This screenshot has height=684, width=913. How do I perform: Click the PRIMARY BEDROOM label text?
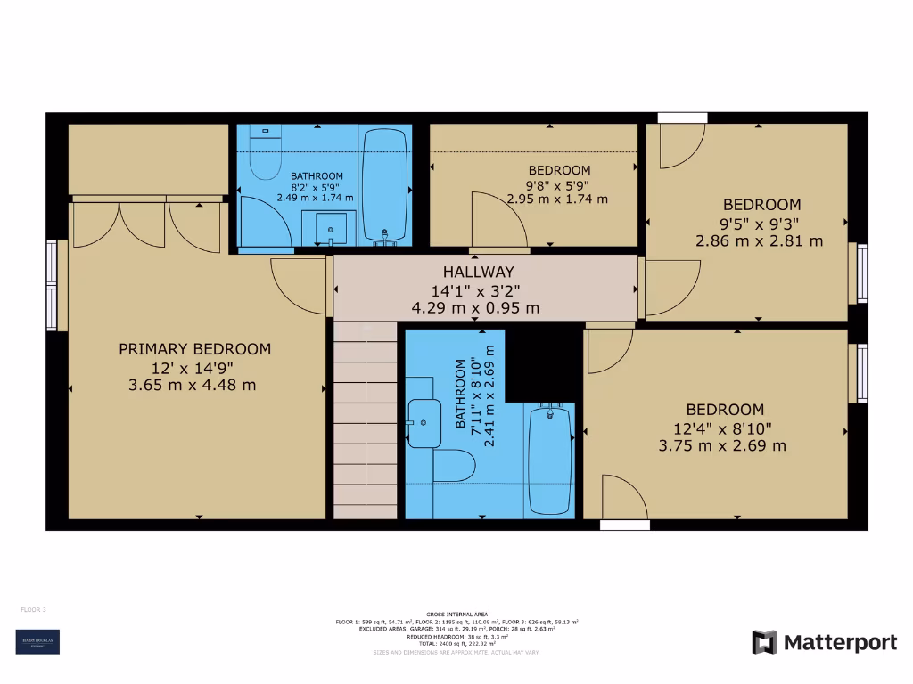[x=194, y=349]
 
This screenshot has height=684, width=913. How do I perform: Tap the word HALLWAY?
[x=478, y=272]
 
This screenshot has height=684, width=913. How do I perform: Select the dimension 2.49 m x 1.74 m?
[x=316, y=198]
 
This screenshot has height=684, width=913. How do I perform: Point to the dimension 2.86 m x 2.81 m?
[x=759, y=240]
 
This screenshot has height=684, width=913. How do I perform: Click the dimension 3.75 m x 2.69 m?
[x=722, y=445]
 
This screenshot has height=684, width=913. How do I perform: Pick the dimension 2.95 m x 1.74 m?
[x=558, y=199]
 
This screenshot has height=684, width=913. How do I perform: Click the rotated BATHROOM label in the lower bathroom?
[x=461, y=394]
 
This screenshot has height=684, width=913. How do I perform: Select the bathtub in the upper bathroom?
[x=386, y=185]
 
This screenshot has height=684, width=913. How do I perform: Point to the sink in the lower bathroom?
[x=424, y=422]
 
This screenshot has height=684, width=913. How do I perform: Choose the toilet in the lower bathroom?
[x=455, y=465]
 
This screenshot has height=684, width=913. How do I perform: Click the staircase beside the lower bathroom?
[x=365, y=419]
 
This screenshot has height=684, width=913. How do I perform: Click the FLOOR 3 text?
[x=33, y=610]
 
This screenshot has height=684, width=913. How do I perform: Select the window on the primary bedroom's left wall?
[x=52, y=285]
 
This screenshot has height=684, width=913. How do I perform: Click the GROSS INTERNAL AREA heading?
[x=456, y=614]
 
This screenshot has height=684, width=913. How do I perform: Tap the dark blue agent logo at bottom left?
[x=37, y=642]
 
